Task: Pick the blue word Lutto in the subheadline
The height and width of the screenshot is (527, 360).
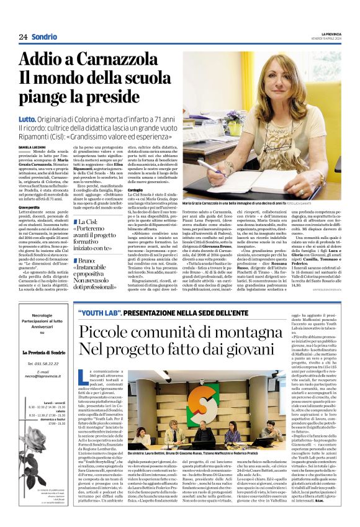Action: click(x=27, y=118)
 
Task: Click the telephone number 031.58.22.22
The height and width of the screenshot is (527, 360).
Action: click(x=42, y=363)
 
